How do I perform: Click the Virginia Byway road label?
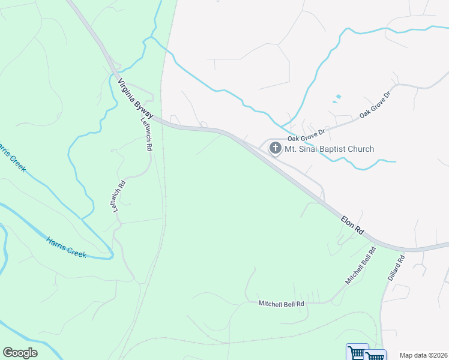coord(136,98)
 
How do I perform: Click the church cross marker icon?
coord(276,149)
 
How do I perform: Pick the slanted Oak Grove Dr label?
coord(375,104)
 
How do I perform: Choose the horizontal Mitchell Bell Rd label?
coord(282,304)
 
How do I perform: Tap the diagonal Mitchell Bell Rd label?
coord(360,265)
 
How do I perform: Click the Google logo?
coord(20,353)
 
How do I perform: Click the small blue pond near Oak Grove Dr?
coord(338,96)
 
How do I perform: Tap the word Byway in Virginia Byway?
coord(143,107)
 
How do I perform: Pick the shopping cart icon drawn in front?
coord(376,355)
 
